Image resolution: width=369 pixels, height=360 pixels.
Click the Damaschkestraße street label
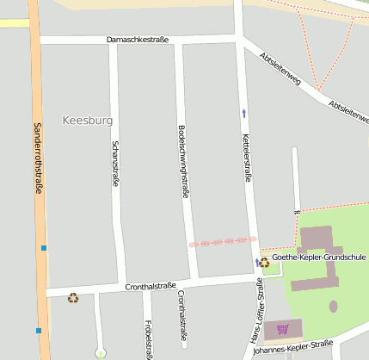[138, 40]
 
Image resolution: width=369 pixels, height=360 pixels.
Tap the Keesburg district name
[88, 120]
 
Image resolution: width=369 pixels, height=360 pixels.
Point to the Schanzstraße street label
[115, 164]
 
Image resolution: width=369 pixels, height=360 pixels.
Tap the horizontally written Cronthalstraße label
[151, 286]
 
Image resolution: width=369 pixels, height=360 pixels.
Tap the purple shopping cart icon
[282, 329]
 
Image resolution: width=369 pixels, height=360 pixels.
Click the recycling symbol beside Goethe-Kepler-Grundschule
[264, 263]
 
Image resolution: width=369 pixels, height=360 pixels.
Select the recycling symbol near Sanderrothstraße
[73, 298]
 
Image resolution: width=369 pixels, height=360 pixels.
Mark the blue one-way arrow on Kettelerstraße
[243, 113]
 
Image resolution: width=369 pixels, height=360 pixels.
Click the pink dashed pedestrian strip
[223, 242]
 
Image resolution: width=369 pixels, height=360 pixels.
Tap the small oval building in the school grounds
[334, 306]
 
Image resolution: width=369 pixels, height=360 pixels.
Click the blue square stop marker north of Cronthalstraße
[42, 248]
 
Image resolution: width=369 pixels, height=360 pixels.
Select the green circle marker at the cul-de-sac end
[101, 353]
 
